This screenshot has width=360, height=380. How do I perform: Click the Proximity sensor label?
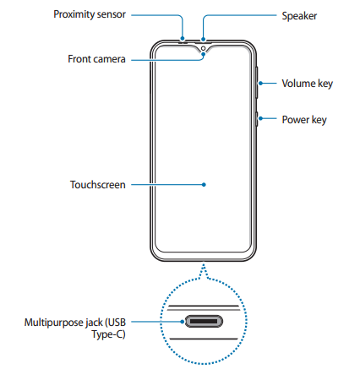(90, 14)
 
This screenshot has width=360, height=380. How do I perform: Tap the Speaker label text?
(299, 16)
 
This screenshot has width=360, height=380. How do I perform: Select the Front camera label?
(96, 59)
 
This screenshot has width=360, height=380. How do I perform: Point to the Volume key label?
(308, 84)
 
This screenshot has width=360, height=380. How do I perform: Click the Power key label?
(304, 120)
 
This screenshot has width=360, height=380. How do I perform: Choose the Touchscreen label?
(98, 185)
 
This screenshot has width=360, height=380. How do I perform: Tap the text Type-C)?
(108, 334)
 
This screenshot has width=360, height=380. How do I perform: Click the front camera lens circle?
(203, 49)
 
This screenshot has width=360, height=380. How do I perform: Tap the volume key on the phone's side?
(257, 83)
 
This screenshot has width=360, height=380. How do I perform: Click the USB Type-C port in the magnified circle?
(204, 322)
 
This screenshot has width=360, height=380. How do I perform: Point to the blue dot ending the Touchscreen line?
(204, 185)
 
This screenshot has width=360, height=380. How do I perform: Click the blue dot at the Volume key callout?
(261, 84)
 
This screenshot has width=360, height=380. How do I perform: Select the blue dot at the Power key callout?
(261, 118)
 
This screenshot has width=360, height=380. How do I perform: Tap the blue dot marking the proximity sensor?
(183, 39)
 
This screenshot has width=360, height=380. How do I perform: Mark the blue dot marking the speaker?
(203, 39)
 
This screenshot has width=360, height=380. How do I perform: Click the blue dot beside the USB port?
(183, 322)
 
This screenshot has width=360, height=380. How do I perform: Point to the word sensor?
(112, 14)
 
